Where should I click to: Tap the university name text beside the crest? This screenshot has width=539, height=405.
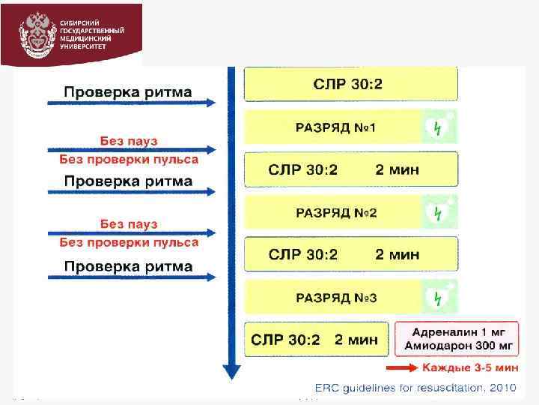tap(92, 34)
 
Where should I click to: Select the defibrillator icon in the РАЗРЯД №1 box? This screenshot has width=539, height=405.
tap(438, 127)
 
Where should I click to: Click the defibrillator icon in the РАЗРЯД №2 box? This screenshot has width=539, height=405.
tap(438, 213)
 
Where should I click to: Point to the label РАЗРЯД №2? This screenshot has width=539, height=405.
tap(336, 213)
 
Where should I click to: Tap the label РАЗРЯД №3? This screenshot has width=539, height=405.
tap(336, 298)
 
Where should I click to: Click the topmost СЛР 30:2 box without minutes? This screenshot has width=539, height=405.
tap(350, 84)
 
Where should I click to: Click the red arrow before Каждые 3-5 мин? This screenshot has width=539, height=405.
tap(402, 367)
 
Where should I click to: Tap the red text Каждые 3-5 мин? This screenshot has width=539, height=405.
tap(470, 367)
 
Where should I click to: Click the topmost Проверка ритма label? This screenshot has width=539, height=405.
tap(128, 92)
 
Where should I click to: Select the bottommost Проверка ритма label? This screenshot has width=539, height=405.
tap(128, 266)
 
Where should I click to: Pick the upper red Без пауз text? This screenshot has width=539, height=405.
tap(129, 140)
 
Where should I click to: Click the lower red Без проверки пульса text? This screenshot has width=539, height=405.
tap(129, 242)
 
